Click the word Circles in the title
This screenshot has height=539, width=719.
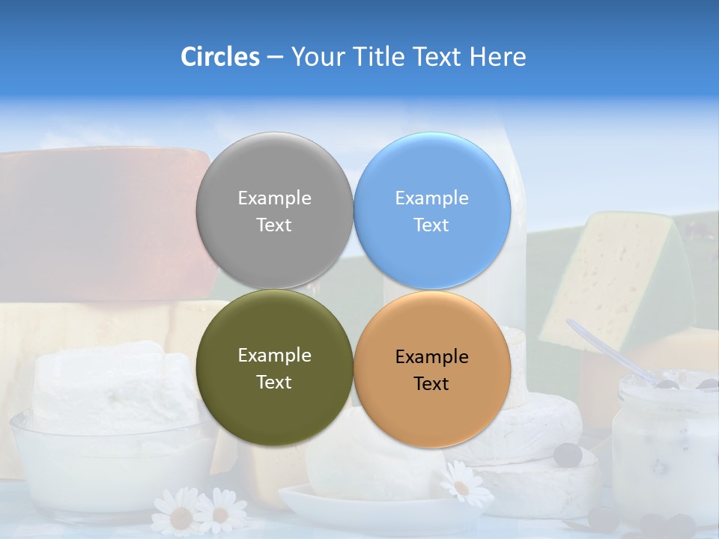[219, 57]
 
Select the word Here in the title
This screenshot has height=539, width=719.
[497, 57]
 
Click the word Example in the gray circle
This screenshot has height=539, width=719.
[274, 198]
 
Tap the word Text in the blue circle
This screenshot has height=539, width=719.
[431, 225]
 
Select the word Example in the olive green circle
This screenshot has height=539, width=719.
[274, 356]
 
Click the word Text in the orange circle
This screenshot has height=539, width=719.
[431, 384]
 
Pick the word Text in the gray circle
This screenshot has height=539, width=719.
[274, 225]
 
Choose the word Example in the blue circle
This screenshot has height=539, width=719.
[431, 198]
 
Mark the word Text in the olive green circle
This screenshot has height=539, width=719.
[274, 383]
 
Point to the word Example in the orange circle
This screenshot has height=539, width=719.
[431, 357]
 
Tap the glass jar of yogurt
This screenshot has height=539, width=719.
[663, 449]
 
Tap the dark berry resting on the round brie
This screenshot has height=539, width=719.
[568, 454]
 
